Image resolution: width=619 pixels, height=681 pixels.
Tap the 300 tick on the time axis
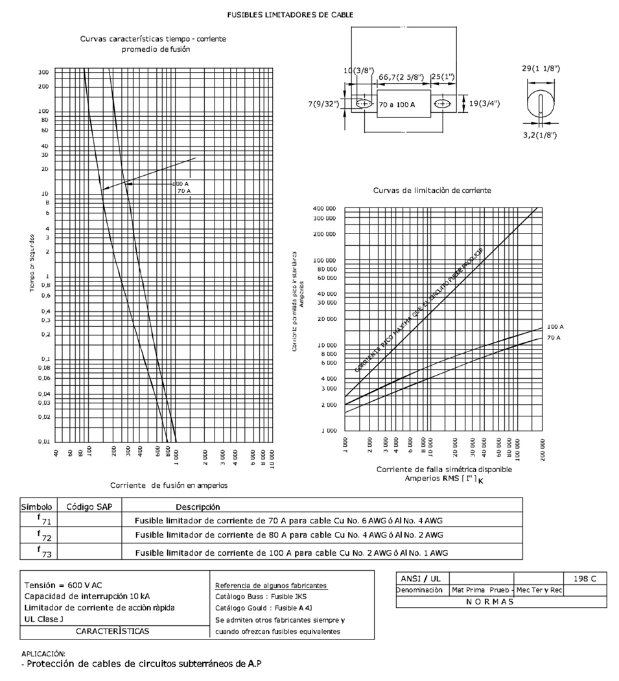tap(43, 71)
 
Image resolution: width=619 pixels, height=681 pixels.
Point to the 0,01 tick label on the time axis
tap(45, 442)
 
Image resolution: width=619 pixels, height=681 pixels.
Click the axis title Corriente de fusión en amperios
tap(169, 484)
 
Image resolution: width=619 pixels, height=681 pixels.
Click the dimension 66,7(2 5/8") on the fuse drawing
tap(402, 77)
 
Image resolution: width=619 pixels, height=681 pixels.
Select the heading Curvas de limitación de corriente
tap(432, 191)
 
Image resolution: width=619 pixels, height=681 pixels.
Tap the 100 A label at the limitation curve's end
tap(555, 326)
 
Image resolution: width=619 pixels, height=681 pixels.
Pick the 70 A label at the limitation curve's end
tap(554, 338)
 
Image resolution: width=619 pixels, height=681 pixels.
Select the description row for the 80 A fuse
tap(288, 535)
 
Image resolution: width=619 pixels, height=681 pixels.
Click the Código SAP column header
tap(86, 506)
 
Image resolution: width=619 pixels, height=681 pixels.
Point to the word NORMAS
tap(489, 601)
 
